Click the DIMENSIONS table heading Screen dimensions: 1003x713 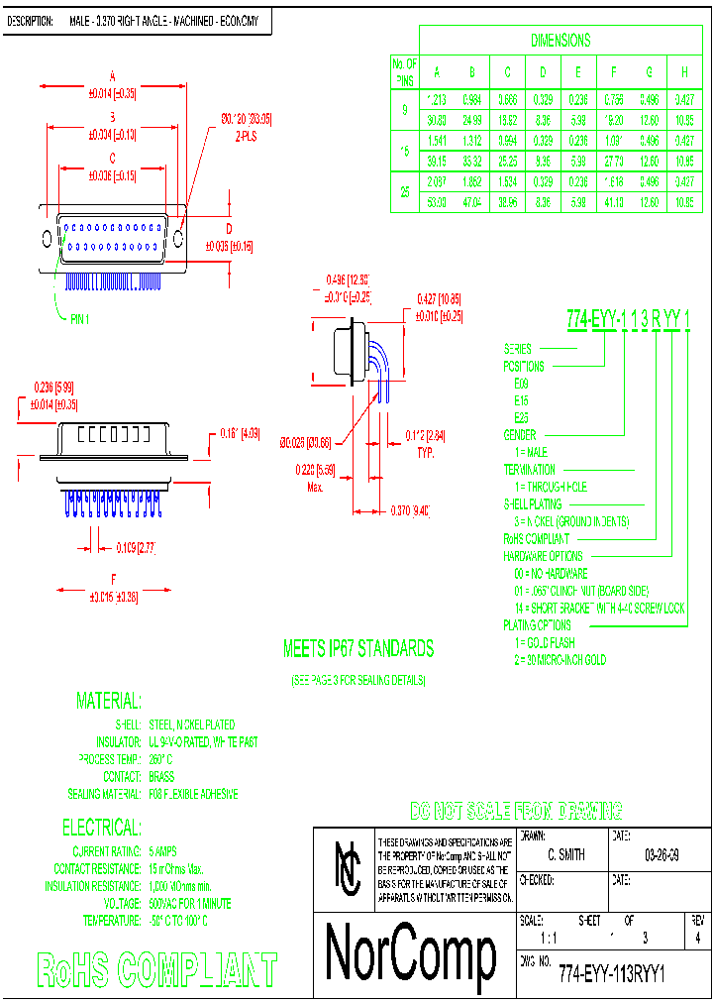coord(560,41)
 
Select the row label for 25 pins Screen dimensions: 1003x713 coord(405,193)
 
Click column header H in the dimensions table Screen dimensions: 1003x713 coord(684,71)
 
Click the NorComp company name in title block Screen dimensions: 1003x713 coord(411,954)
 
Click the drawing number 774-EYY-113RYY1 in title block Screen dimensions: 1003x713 coord(611,973)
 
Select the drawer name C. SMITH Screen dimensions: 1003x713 coord(565,854)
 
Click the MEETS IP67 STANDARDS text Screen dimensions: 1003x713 coord(358,649)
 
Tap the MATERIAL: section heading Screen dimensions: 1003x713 coord(108,702)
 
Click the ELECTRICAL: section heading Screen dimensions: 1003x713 coord(101,828)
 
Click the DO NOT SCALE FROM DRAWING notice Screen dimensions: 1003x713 coord(516,810)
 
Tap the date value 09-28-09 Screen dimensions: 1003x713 coord(662,854)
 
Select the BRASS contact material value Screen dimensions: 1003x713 coord(161,777)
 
